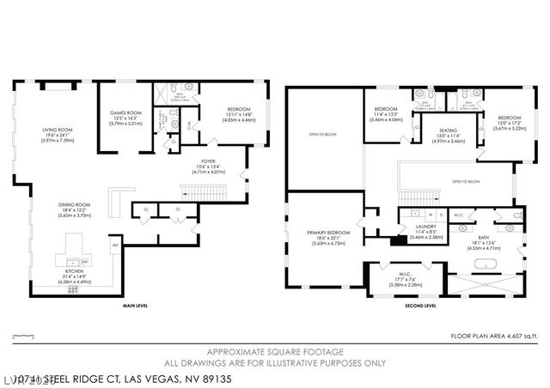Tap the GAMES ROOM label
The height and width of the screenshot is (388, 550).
[125, 112]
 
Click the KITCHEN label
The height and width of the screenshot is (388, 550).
[73, 271]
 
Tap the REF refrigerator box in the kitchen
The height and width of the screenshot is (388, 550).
[115, 246]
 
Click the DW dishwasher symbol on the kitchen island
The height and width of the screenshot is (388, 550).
[84, 261]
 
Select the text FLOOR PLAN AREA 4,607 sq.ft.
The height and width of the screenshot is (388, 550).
[499, 336]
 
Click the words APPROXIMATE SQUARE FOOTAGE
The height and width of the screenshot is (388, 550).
[274, 350]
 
